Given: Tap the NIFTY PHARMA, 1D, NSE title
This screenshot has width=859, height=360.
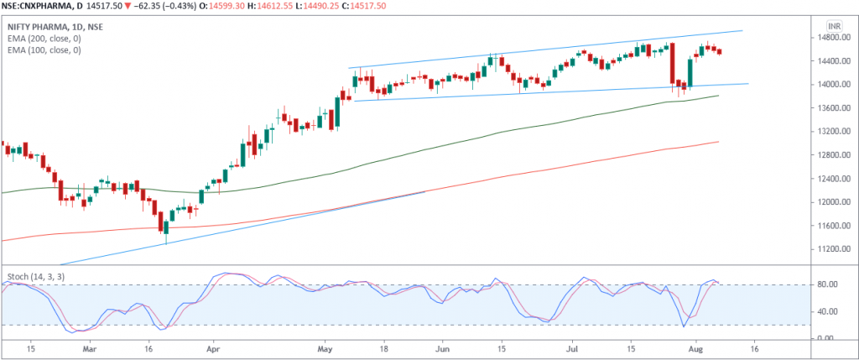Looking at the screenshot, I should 53,27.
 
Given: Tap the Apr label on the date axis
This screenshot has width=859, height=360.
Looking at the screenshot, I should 212,347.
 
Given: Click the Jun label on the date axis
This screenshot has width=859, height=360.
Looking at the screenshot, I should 444,347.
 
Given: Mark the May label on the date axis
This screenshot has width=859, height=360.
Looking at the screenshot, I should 327,347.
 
